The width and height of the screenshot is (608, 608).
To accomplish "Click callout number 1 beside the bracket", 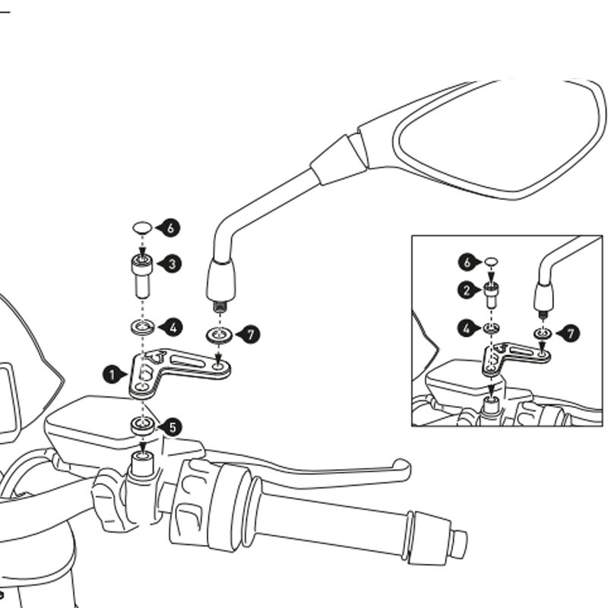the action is pyautogui.click(x=112, y=375).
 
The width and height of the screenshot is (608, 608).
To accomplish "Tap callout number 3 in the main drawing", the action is pyautogui.click(x=172, y=264).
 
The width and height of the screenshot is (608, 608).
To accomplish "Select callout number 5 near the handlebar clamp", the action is pyautogui.click(x=172, y=428).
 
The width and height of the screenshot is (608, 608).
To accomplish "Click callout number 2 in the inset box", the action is pyautogui.click(x=467, y=290).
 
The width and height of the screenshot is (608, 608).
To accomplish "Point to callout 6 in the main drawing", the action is pyautogui.click(x=170, y=228).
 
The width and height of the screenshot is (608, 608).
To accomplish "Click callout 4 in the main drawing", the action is pyautogui.click(x=173, y=328).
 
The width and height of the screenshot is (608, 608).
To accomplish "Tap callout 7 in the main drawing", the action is pyautogui.click(x=251, y=334).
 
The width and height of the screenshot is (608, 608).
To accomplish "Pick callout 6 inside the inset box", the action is pyautogui.click(x=467, y=262).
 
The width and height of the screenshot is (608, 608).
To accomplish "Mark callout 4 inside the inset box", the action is pyautogui.click(x=467, y=329).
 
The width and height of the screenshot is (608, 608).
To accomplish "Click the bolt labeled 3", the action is pyautogui.click(x=142, y=276).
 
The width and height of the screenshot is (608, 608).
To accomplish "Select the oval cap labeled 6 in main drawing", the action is pyautogui.click(x=142, y=227).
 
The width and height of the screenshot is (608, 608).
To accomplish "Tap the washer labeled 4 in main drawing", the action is pyautogui.click(x=142, y=328).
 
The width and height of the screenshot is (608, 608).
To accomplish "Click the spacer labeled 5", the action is pyautogui.click(x=143, y=426).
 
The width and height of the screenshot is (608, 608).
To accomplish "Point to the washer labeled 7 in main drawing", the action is pyautogui.click(x=219, y=335).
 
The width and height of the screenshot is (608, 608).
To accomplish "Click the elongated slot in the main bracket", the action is pyautogui.click(x=191, y=362).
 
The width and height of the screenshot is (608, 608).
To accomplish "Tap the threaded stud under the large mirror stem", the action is pyautogui.click(x=220, y=308).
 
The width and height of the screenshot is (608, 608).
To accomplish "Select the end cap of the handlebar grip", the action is pyautogui.click(x=460, y=543).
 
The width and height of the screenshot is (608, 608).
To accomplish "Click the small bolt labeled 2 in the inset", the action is pyautogui.click(x=491, y=296).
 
